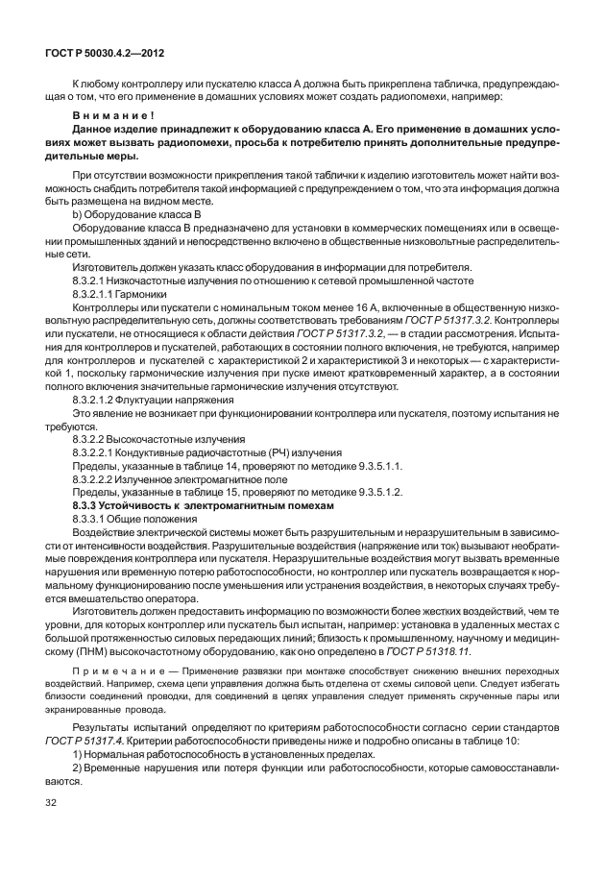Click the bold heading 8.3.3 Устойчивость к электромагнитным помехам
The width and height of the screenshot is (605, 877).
coord(204,504)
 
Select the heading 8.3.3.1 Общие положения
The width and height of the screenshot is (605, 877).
coord(133,518)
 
